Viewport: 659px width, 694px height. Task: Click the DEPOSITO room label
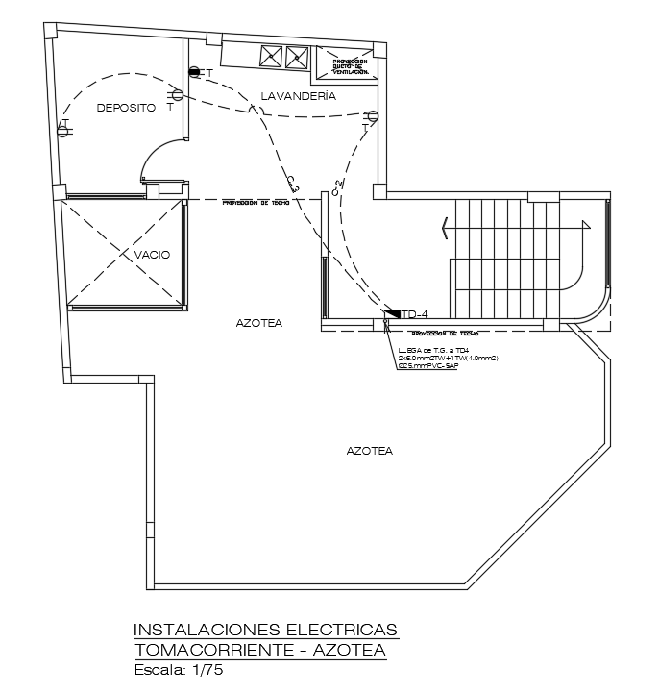click(x=126, y=109)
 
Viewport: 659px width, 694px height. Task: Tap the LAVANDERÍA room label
click(x=299, y=96)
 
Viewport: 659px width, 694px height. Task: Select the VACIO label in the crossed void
click(x=153, y=255)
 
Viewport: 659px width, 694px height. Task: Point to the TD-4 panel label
click(x=414, y=313)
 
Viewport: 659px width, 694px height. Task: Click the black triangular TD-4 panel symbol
click(x=392, y=313)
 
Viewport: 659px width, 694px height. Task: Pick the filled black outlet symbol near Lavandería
click(x=194, y=72)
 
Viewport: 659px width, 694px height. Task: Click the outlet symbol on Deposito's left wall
click(x=64, y=127)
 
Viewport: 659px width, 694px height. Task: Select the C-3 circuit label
click(x=293, y=183)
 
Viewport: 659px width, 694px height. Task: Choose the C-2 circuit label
click(x=336, y=186)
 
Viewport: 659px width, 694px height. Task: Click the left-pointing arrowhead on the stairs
click(x=445, y=228)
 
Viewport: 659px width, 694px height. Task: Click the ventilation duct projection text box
click(x=350, y=65)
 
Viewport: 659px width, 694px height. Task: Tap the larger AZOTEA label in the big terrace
click(x=369, y=450)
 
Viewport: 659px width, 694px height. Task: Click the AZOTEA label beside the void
click(x=259, y=324)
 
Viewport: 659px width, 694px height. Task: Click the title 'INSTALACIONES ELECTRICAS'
click(x=265, y=630)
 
